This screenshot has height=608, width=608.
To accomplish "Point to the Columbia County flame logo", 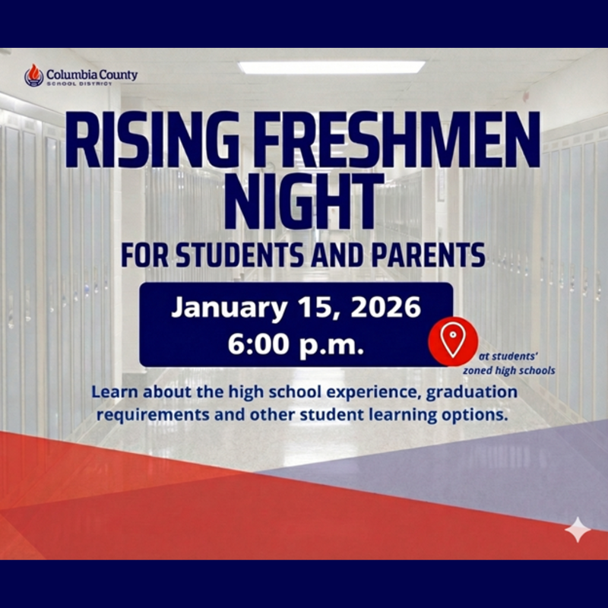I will [x=34, y=74].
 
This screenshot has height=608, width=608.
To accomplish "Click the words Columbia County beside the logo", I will [x=91, y=74].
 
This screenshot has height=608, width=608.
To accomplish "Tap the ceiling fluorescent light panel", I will [x=331, y=67].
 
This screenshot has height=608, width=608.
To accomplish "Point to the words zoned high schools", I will [x=509, y=371].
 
